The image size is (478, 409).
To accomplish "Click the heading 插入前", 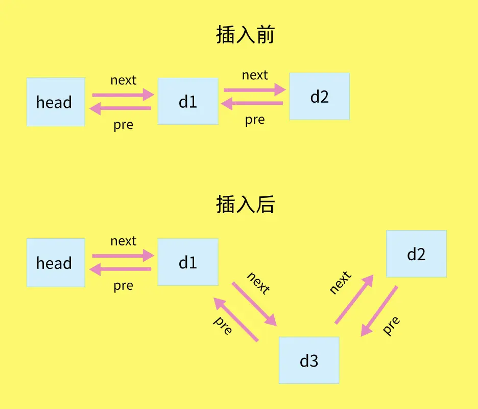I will click(x=246, y=35).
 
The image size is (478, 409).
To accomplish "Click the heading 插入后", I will click(x=246, y=205).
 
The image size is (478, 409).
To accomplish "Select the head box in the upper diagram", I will click(x=56, y=102).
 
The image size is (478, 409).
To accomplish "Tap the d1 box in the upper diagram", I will click(x=188, y=101).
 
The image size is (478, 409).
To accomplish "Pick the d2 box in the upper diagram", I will click(x=319, y=96).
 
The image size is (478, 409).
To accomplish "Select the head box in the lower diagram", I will click(x=56, y=263).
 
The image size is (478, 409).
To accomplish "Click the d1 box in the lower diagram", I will click(x=188, y=262).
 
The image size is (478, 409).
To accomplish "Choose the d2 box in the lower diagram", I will click(x=416, y=254).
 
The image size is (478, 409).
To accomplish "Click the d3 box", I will click(x=309, y=360).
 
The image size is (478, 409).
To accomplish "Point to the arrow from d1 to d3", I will click(x=254, y=304).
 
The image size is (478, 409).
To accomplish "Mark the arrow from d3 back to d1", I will click(x=236, y=320).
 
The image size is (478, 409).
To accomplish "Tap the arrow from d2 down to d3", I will click(x=379, y=311).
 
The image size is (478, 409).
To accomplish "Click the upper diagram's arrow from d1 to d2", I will click(x=254, y=89).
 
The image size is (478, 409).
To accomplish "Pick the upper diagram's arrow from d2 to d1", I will click(x=252, y=103).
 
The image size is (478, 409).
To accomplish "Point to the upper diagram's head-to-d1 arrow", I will click(x=123, y=95).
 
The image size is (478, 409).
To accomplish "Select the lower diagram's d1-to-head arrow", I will click(x=121, y=269).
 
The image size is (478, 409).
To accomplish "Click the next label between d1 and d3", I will click(x=258, y=283).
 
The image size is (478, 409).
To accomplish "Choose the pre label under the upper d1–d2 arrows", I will click(x=255, y=120).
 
